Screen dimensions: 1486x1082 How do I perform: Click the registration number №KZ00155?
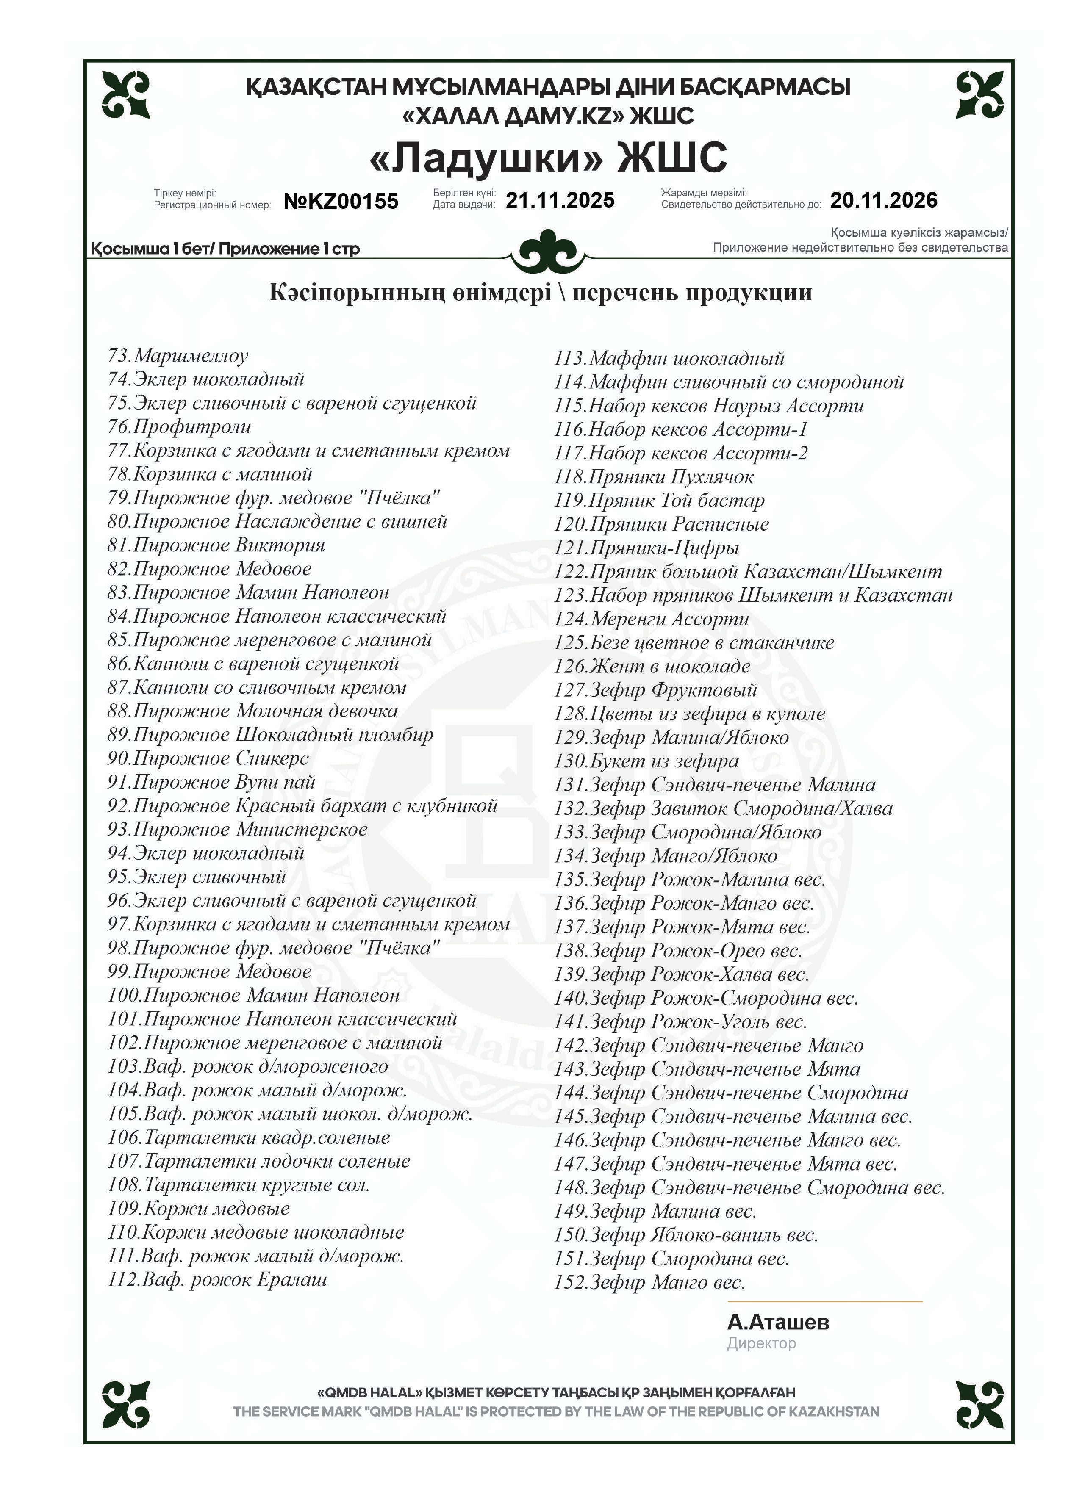(341, 201)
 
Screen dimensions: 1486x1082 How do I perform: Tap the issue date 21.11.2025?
(560, 200)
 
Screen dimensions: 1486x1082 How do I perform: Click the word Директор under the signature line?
(762, 1344)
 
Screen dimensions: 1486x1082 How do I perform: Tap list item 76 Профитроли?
(180, 426)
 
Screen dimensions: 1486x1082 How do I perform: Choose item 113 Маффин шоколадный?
(669, 358)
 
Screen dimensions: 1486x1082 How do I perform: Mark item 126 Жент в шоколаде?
(652, 666)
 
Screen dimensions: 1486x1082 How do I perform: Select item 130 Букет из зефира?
(646, 761)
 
